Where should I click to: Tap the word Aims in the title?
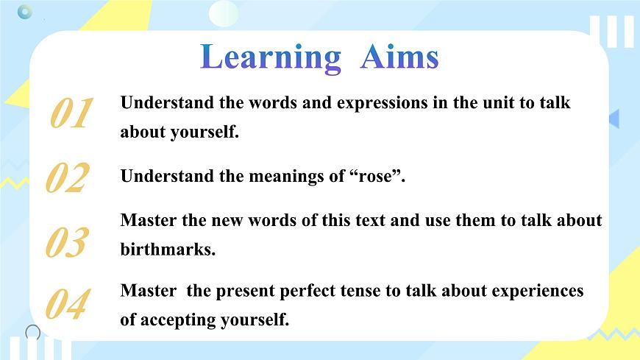point(399,57)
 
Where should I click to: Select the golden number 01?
point(71,114)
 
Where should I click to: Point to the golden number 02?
point(67,179)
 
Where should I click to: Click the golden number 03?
point(67,243)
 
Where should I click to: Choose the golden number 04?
point(67,305)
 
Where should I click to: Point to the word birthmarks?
point(168,250)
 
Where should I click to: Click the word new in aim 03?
point(226,220)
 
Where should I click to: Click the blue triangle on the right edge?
point(614,119)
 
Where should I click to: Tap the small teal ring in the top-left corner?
point(25,12)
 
